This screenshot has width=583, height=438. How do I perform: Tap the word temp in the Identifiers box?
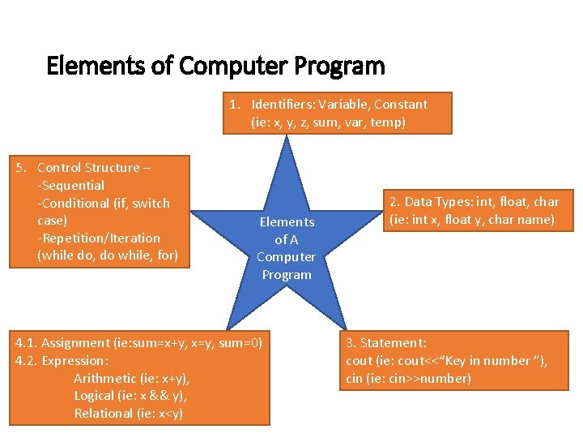coord(387,122)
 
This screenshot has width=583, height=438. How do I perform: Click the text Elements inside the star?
coord(287,221)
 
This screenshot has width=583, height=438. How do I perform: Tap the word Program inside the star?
coord(287,274)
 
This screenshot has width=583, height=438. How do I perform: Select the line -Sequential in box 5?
coord(71,185)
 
